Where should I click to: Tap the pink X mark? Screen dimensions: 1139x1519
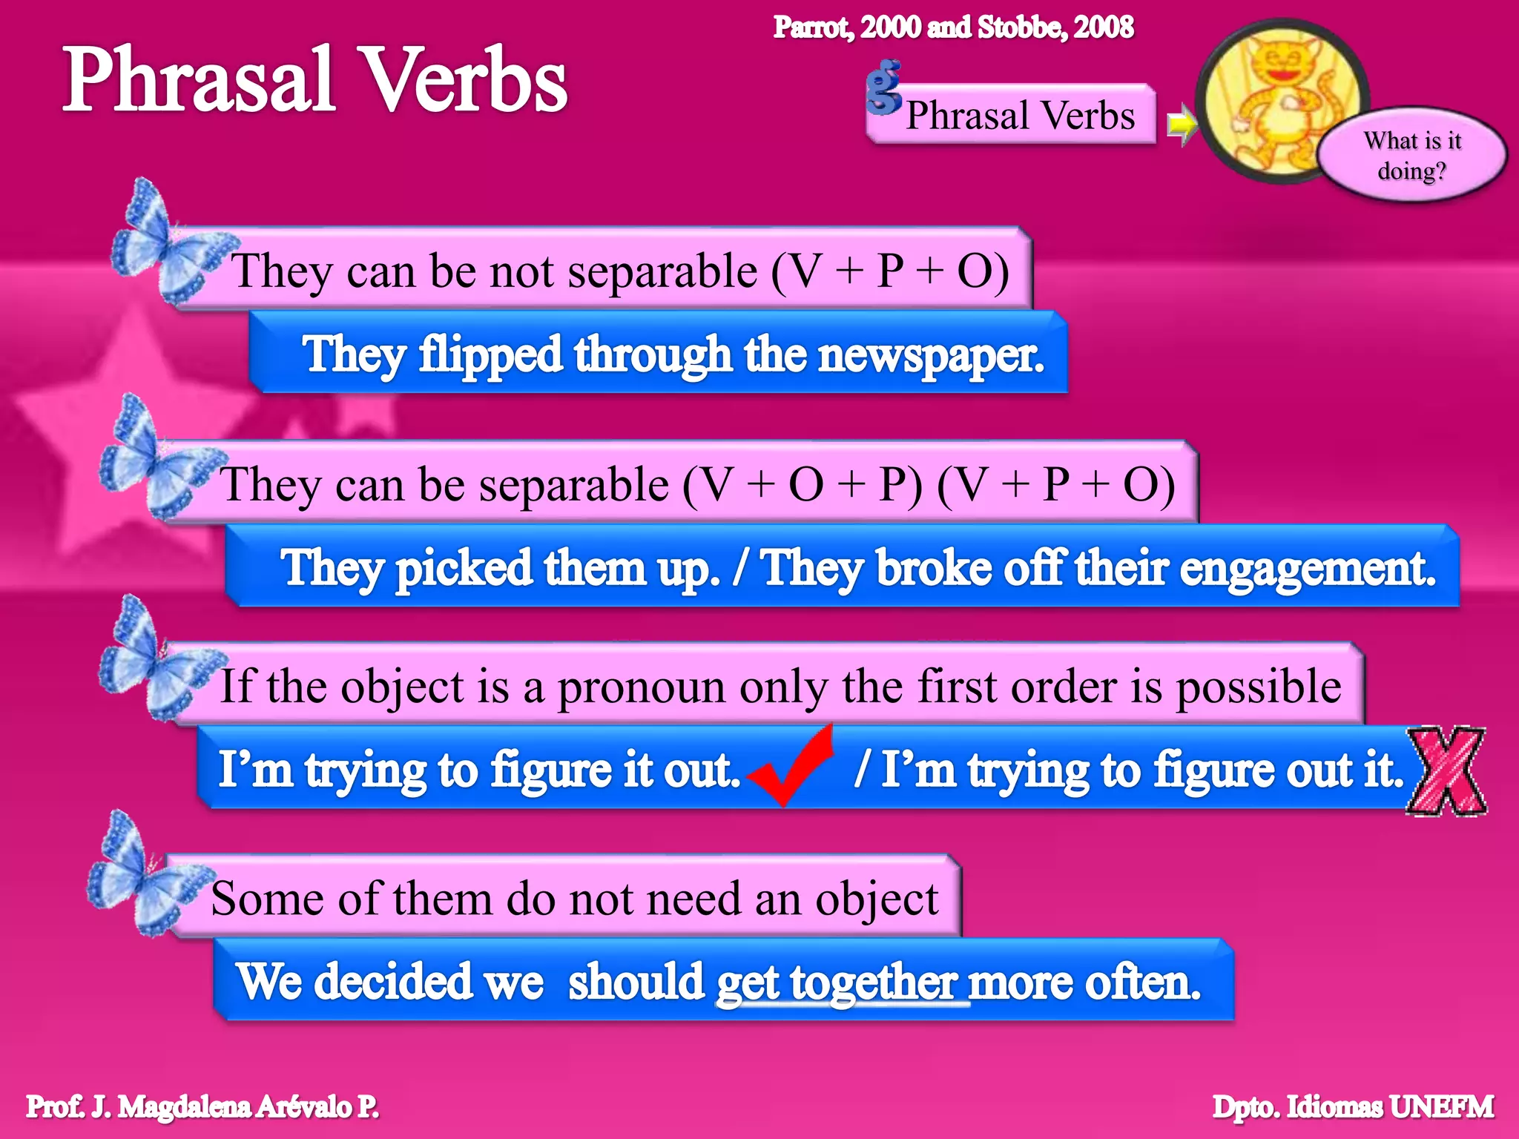coord(1446,771)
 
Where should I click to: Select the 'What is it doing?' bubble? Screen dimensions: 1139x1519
coord(1412,156)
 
